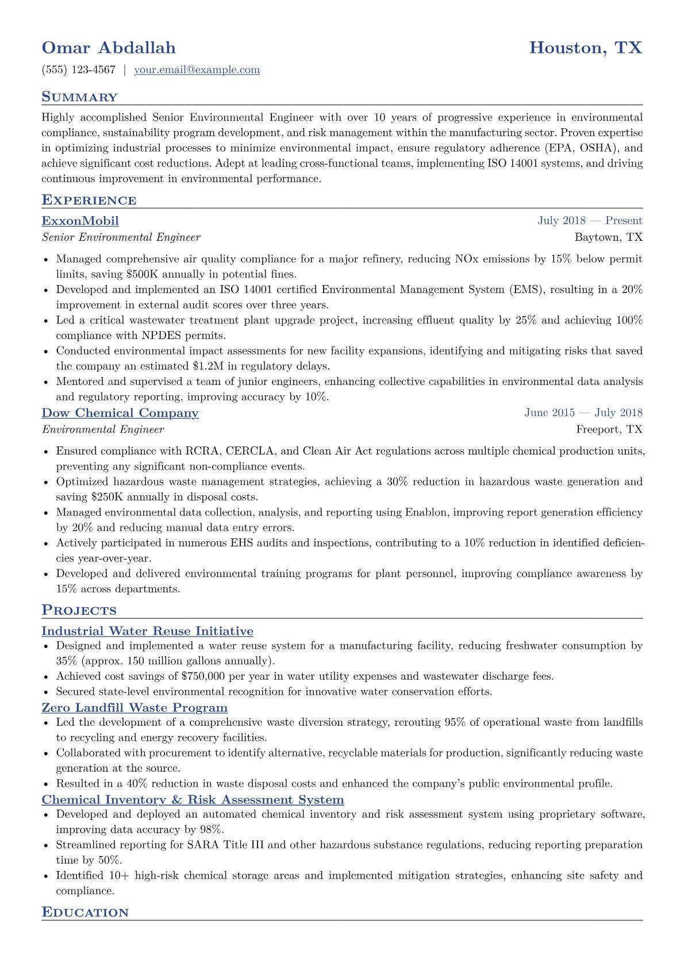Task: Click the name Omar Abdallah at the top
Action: click(x=109, y=48)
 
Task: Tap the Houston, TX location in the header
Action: click(x=585, y=48)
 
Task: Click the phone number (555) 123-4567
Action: click(x=79, y=70)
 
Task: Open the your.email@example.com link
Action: click(x=197, y=70)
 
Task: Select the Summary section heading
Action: click(x=79, y=97)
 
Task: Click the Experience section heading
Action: click(x=89, y=201)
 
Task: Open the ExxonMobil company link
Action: click(x=80, y=221)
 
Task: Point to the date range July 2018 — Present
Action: click(x=590, y=221)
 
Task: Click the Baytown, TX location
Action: click(x=608, y=237)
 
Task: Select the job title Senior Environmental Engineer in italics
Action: click(x=121, y=237)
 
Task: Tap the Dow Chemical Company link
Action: click(x=120, y=413)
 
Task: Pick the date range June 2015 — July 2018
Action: click(x=583, y=413)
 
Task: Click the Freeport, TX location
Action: click(x=609, y=429)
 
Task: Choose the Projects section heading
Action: click(x=79, y=611)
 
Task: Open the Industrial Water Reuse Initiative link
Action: click(x=147, y=631)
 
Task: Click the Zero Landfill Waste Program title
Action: click(x=135, y=707)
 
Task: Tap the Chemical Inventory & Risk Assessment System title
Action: click(x=193, y=800)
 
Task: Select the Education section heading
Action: click(x=85, y=912)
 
